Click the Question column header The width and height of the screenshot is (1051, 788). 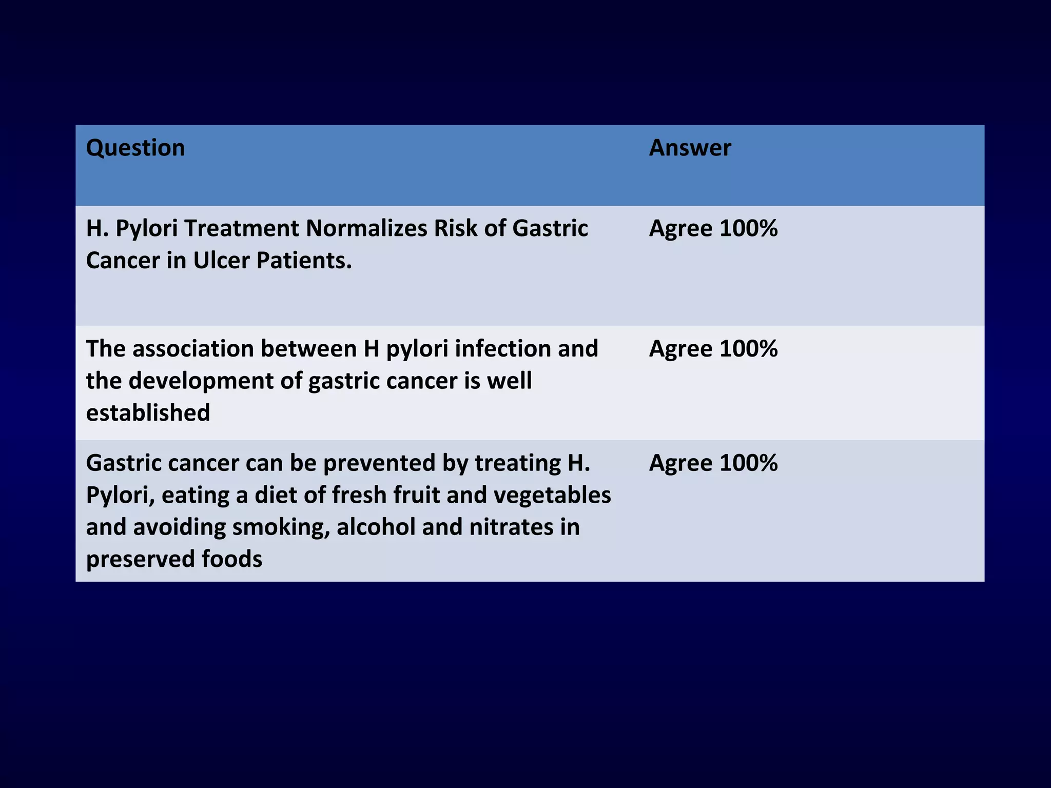point(135,148)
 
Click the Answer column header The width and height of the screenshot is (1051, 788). point(690,148)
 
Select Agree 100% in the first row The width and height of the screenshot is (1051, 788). point(713,229)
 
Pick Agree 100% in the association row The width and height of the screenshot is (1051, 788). point(713,349)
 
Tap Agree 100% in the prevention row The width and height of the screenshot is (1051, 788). point(713,463)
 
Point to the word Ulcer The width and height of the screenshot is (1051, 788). point(221,261)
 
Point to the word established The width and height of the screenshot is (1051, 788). point(148,413)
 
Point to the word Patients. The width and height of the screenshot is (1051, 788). point(304,261)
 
